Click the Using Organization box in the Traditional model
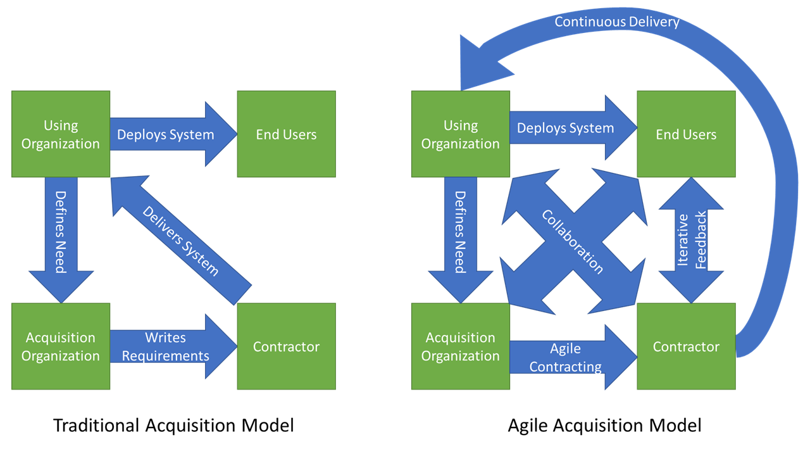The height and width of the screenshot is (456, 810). tap(61, 134)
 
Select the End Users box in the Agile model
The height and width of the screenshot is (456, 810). tap(686, 134)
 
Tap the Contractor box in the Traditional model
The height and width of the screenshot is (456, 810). tap(286, 346)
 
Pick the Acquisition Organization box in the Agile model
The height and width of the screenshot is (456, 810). tap(461, 346)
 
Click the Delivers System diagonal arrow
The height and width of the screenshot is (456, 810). tap(180, 241)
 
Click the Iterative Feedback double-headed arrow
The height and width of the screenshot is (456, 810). tap(691, 241)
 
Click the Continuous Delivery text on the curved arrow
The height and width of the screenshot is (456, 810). tap(617, 22)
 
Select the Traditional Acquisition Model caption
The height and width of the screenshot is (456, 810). tap(173, 425)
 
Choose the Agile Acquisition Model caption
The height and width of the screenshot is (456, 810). tap(604, 425)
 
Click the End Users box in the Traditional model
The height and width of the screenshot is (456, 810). tap(286, 134)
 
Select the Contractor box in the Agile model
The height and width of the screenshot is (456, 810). tap(686, 346)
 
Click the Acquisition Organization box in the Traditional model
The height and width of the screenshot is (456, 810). tap(61, 346)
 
